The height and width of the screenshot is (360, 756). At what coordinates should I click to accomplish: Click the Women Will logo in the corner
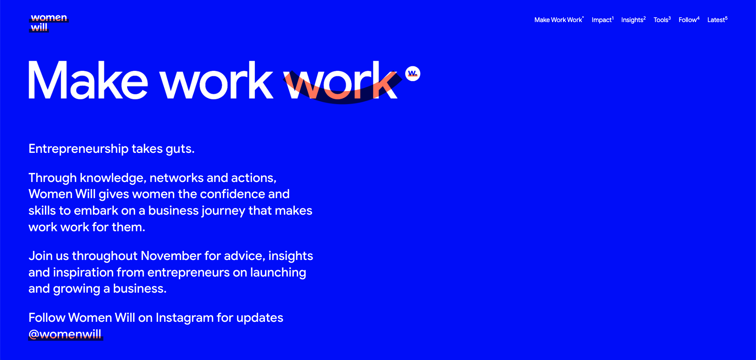coord(49,23)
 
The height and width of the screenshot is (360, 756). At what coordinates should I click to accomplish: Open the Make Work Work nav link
coord(559,20)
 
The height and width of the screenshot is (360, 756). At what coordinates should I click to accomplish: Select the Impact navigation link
coord(602,20)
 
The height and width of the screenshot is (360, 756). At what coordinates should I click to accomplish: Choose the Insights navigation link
coord(633,20)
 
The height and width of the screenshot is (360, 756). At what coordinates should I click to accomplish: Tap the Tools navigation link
coord(662,20)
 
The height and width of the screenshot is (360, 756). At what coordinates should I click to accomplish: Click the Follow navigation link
coord(689,20)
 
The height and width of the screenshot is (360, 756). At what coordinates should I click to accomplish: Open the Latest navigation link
coord(717,20)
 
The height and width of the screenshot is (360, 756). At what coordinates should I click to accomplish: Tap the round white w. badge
coord(413,74)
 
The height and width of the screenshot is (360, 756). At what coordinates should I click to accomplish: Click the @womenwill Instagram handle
coord(65,334)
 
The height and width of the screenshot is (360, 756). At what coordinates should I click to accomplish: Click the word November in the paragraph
coord(171,256)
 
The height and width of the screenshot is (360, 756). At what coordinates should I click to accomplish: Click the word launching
coord(278,273)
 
